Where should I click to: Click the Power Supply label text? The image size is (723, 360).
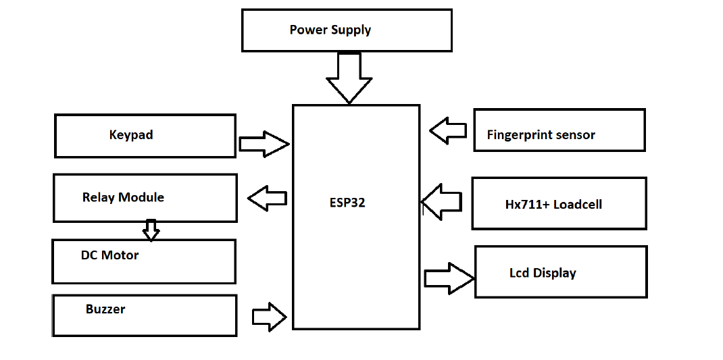(330, 30)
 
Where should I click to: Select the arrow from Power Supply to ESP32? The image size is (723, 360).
(349, 77)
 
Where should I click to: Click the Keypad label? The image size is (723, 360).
(131, 135)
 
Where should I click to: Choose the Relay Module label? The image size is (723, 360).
(123, 197)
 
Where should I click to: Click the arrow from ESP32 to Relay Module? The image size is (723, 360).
(268, 199)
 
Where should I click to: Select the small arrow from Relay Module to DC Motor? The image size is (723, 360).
(151, 230)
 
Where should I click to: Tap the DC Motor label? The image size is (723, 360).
(109, 255)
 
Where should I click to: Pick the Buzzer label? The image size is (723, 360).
(105, 309)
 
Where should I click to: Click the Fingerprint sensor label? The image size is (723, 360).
(541, 135)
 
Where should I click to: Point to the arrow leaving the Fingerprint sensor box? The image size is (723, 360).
(448, 130)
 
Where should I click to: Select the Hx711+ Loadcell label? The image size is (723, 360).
(553, 205)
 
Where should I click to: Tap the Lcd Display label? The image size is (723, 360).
(543, 274)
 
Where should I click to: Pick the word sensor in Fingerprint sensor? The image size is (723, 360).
(576, 135)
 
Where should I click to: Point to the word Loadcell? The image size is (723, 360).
(578, 205)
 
